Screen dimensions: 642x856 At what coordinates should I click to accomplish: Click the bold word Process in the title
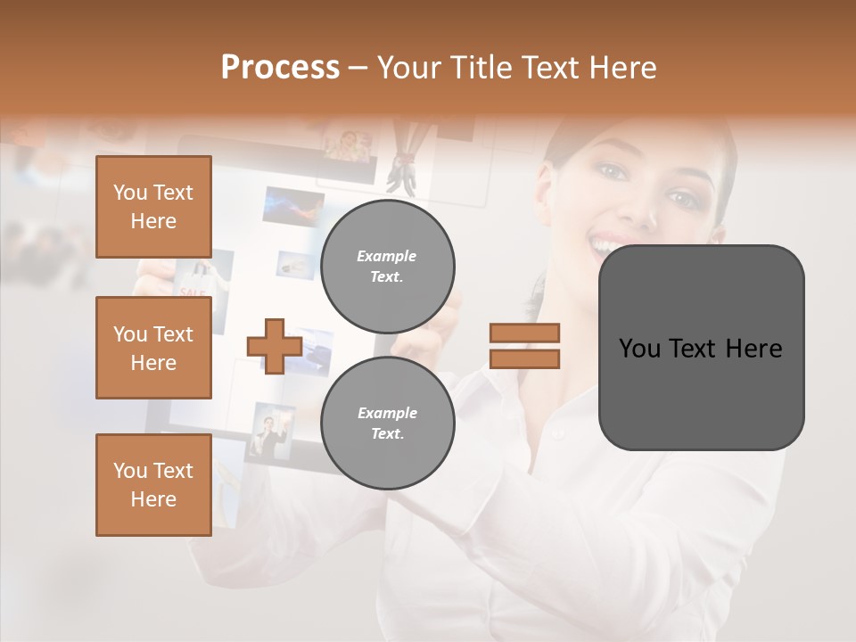pyautogui.click(x=280, y=68)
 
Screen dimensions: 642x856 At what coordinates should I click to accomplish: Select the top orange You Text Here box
pyautogui.click(x=153, y=207)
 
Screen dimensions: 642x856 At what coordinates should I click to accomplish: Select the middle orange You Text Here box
pyautogui.click(x=153, y=348)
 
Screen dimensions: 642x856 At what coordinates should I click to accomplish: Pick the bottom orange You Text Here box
pyautogui.click(x=153, y=485)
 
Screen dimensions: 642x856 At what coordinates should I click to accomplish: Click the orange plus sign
pyautogui.click(x=275, y=346)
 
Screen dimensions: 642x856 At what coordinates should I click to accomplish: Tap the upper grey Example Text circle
pyautogui.click(x=388, y=267)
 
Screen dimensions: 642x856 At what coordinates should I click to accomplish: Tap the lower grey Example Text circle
pyautogui.click(x=388, y=424)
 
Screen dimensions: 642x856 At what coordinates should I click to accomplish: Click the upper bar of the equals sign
pyautogui.click(x=524, y=333)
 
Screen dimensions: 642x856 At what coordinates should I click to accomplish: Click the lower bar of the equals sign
pyautogui.click(x=524, y=359)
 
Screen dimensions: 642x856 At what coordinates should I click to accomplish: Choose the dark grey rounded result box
pyautogui.click(x=701, y=348)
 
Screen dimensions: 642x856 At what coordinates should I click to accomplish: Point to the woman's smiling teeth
pyautogui.click(x=610, y=243)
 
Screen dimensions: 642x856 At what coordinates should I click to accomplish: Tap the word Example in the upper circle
pyautogui.click(x=387, y=256)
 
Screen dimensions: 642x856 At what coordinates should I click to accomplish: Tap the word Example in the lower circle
pyautogui.click(x=387, y=413)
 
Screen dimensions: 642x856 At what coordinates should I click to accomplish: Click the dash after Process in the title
pyautogui.click(x=358, y=68)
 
